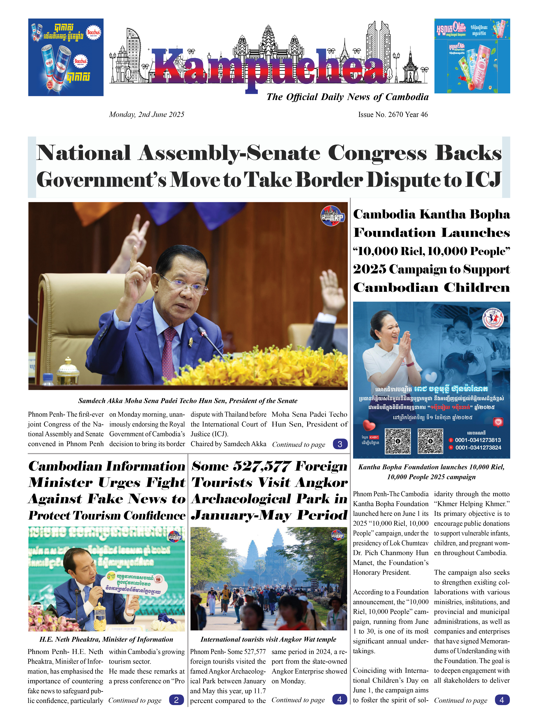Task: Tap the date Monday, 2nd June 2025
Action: (147, 115)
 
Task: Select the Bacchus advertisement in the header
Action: (66, 57)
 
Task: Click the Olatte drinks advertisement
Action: (472, 56)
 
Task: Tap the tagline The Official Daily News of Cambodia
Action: (347, 97)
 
